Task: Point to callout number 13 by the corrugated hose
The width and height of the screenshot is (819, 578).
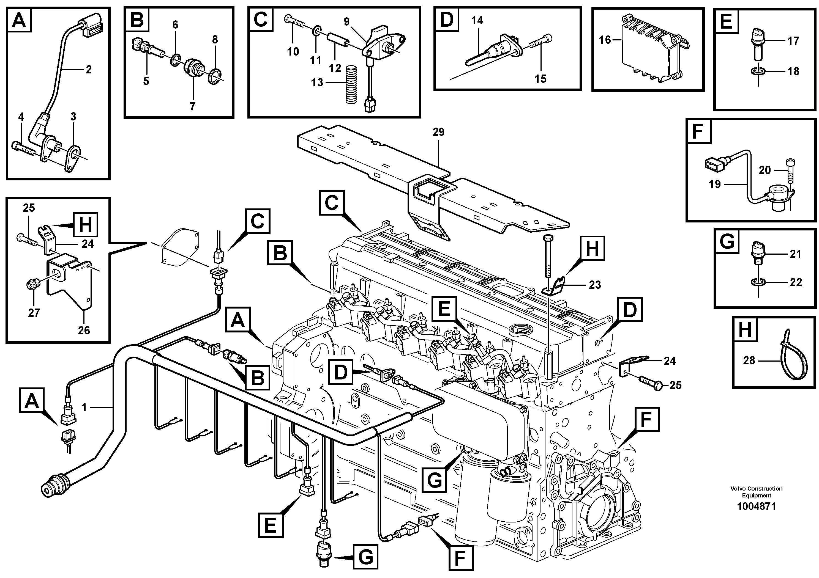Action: tap(317, 82)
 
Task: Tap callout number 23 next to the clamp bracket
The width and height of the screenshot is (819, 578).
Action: tap(595, 284)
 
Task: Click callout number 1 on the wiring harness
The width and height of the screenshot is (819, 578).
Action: tap(84, 407)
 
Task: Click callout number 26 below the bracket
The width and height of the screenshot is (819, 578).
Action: tap(84, 330)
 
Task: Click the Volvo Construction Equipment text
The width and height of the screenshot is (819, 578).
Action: tap(756, 492)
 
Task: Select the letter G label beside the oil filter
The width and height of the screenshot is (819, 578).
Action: tap(435, 480)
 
